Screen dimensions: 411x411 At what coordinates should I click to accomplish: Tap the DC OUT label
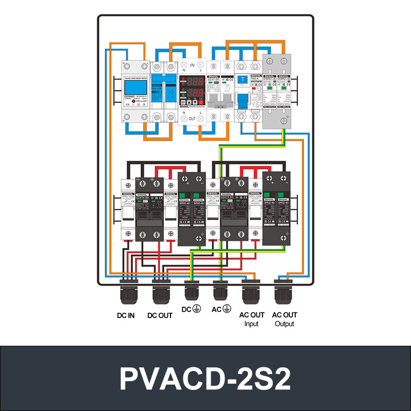click(x=160, y=315)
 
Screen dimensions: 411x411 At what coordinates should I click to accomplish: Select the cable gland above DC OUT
click(x=160, y=294)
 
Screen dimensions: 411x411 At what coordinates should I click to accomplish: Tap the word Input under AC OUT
click(x=252, y=324)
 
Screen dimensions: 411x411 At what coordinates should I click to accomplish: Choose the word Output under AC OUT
click(x=285, y=324)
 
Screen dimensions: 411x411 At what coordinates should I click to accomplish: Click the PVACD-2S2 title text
click(x=206, y=379)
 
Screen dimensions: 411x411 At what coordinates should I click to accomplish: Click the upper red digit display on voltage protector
click(x=192, y=82)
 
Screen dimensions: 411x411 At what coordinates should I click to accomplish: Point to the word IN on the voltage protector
click(x=192, y=66)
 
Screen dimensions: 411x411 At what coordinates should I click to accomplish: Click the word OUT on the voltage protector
click(x=192, y=118)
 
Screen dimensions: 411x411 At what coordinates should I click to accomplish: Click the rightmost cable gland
click(x=284, y=294)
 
